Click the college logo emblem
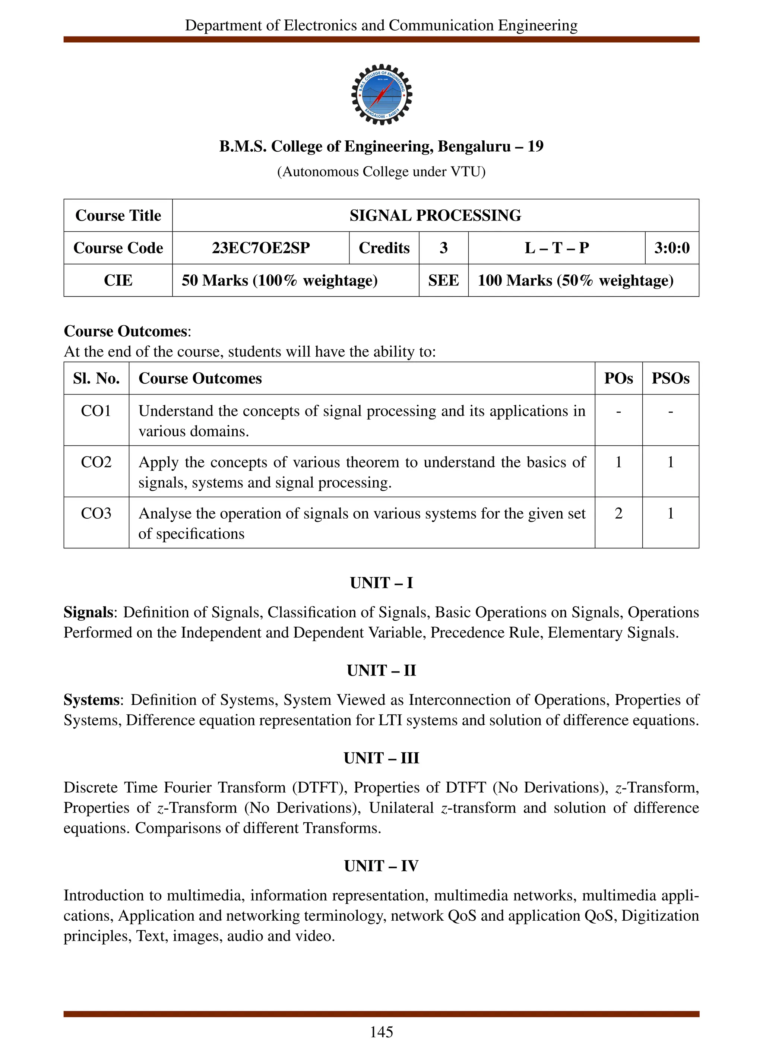pos(381,94)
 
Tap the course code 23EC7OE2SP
pos(261,248)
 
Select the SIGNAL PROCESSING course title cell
pos(435,215)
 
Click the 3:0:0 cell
pos(671,248)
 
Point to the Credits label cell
pos(384,248)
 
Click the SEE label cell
pos(443,281)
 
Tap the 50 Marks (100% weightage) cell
pos(279,281)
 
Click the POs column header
pos(618,378)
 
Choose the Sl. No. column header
pos(96,378)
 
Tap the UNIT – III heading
pos(381,758)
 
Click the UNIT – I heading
pos(381,583)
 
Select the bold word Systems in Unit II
pos(92,700)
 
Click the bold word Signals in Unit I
pos(88,612)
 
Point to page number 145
pos(381,1032)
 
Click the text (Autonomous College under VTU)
pos(381,172)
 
